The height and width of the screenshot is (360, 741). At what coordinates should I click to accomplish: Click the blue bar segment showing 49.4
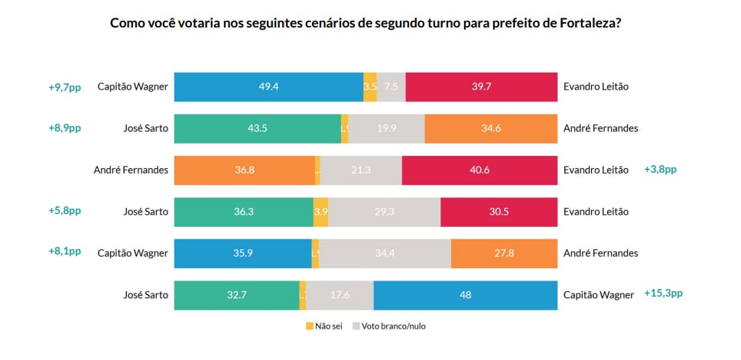coord(268,87)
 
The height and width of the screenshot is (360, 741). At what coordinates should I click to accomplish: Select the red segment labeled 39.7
coord(481,87)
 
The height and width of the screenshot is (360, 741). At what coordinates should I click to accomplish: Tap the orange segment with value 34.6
coord(491,128)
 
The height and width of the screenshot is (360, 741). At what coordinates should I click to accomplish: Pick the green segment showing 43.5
coord(257,128)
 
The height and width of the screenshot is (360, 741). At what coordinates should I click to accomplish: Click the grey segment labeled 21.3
coord(361,170)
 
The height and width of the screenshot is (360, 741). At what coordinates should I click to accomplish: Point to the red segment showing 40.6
coord(479,170)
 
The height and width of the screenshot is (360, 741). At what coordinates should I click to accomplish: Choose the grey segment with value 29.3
coord(384,212)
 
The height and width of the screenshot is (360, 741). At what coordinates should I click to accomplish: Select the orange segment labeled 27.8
coord(504,254)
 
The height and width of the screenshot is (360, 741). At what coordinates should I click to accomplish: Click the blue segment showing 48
coord(465,295)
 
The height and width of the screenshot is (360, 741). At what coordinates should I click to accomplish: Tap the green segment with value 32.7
coord(236,295)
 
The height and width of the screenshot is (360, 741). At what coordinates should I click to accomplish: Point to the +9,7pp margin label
coord(64,87)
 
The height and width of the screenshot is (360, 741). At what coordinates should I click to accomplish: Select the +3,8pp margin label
coord(660,170)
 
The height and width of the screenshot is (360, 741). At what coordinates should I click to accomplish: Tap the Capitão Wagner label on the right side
coord(598,295)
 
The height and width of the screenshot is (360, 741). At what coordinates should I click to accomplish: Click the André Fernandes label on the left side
coord(130,170)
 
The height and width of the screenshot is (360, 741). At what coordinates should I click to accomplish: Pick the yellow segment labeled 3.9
coord(321,212)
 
